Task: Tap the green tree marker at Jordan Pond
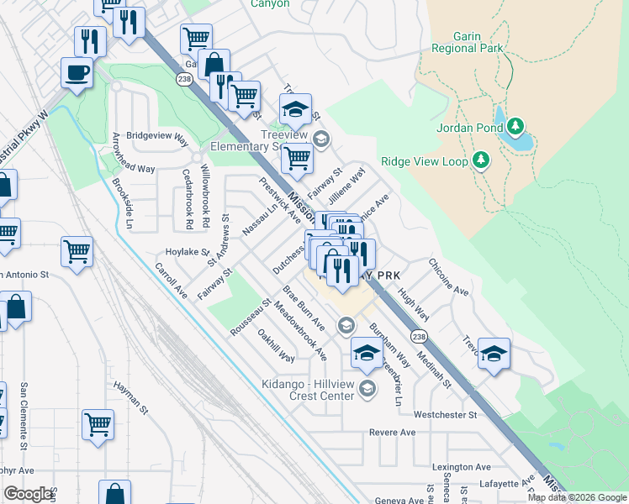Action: coord(515,128)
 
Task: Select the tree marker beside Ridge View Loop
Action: coord(481,160)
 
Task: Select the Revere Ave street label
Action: coord(393,433)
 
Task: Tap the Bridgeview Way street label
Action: coord(156,135)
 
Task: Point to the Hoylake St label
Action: coord(187,251)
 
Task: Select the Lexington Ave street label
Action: coord(461,467)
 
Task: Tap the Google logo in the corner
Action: coord(29,495)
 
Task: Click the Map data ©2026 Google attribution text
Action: coord(577,497)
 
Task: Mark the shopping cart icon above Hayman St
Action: coord(98,424)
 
